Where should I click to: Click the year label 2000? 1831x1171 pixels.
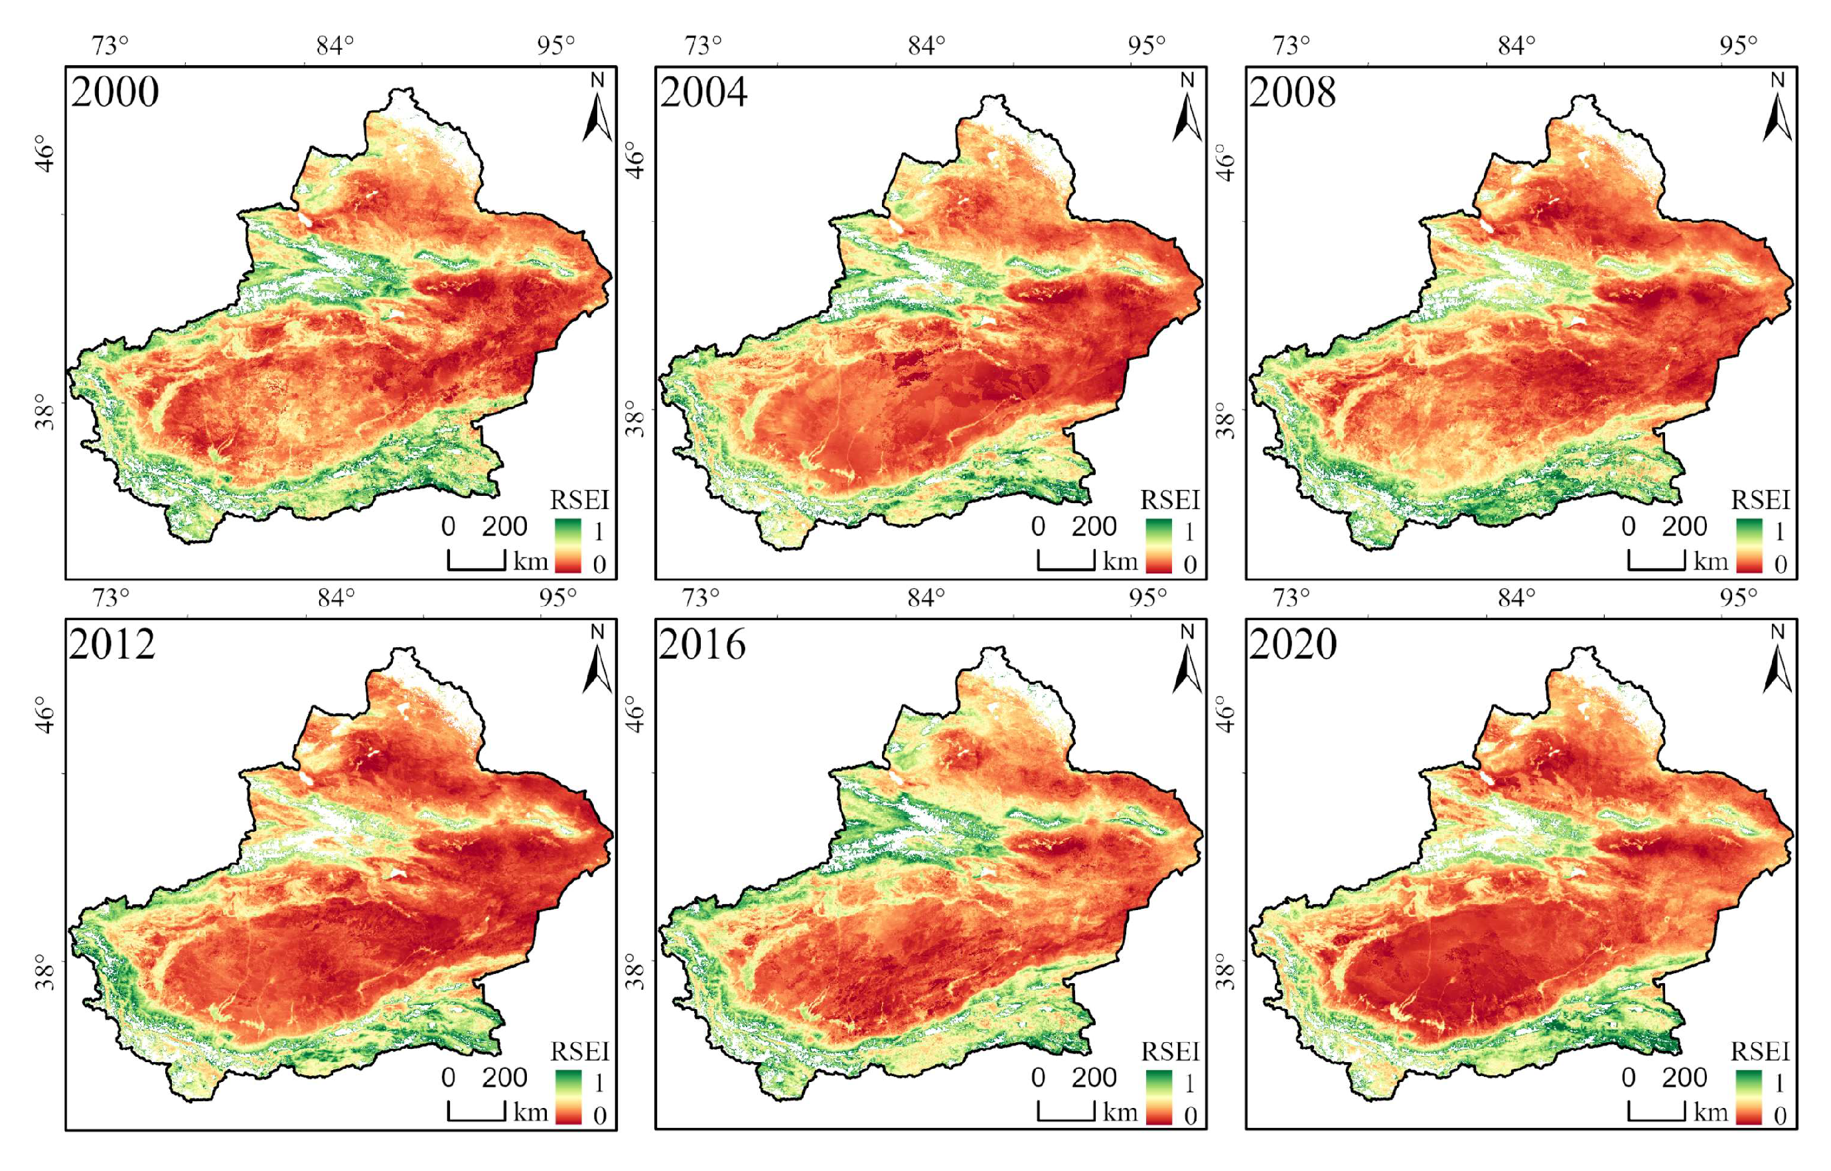pos(115,92)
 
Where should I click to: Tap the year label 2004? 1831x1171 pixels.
pos(704,92)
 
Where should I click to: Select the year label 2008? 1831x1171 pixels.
pos(1293,92)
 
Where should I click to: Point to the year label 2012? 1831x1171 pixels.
pos(113,644)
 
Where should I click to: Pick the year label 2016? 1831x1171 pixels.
pos(703,644)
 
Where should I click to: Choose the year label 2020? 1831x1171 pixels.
pos(1293,644)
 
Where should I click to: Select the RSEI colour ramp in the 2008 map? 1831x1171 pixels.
pos(1749,545)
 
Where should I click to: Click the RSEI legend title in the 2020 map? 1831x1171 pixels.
pos(1760,1052)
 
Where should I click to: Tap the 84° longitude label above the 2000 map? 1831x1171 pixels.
pos(335,46)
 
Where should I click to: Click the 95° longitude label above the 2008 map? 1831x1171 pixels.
pos(1739,46)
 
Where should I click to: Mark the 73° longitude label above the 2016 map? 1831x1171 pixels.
pos(700,597)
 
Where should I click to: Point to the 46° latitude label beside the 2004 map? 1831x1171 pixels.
pos(636,160)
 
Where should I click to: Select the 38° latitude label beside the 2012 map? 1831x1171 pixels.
pos(46,973)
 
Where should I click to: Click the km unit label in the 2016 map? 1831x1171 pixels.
pos(1120,1113)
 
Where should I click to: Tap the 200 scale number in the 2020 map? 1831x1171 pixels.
pos(1684,1077)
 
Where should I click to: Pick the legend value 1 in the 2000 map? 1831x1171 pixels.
pos(599,531)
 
